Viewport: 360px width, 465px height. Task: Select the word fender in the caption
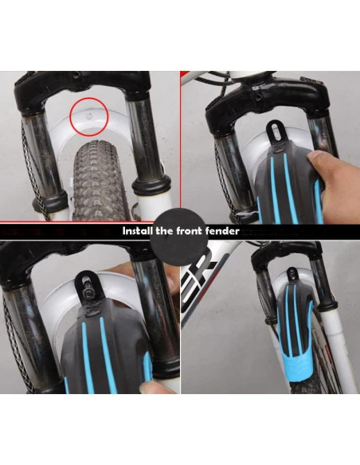pos(220,232)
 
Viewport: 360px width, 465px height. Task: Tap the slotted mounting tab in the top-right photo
pos(276,131)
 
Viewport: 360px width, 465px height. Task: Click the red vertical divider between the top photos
pos(180,143)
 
